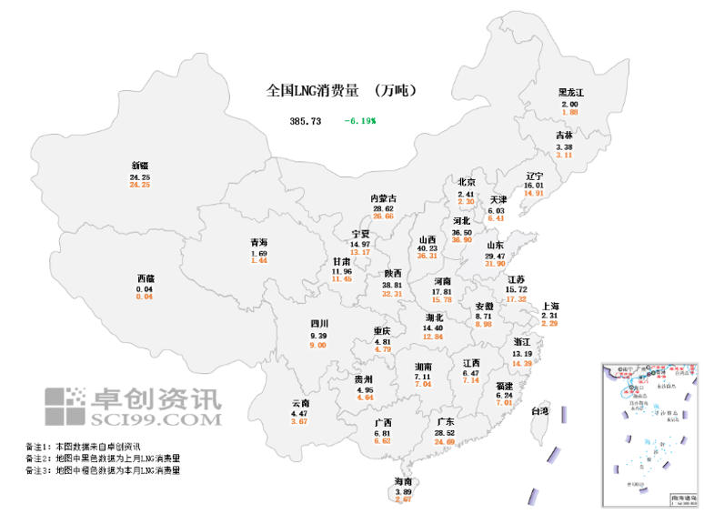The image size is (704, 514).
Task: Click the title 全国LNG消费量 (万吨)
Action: (341, 91)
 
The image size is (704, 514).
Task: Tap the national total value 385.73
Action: (306, 120)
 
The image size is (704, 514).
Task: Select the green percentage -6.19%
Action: (360, 120)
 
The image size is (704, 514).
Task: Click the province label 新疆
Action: (140, 165)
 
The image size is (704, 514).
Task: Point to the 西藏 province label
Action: (146, 277)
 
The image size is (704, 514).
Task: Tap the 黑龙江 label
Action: (570, 93)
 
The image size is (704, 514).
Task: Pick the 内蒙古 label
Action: (383, 198)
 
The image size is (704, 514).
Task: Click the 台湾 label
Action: (540, 411)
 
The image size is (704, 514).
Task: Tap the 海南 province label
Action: (402, 480)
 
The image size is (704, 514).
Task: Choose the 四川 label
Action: (318, 324)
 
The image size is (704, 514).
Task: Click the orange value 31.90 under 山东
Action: (495, 264)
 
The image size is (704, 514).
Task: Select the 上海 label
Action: (549, 306)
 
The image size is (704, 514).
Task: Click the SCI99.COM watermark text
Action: (156, 419)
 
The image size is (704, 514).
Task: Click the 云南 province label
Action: (300, 403)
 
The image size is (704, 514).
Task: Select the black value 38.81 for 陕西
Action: (392, 285)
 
